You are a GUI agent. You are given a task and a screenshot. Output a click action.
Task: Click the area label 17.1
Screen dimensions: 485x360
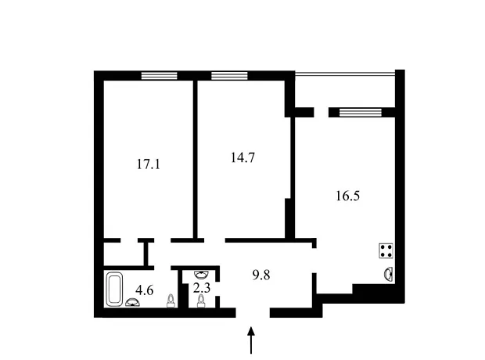pyautogui.click(x=149, y=164)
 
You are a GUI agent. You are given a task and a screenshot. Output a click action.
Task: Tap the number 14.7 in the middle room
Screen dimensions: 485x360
pyautogui.click(x=242, y=157)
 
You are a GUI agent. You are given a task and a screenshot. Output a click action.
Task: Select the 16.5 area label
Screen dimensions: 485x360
pyautogui.click(x=347, y=196)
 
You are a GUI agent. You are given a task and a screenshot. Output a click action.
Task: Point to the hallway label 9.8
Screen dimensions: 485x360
pyautogui.click(x=261, y=275)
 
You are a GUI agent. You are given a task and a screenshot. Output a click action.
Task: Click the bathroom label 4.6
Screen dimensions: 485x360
pyautogui.click(x=145, y=290)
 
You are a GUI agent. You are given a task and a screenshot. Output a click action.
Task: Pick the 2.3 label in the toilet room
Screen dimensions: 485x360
pyautogui.click(x=202, y=288)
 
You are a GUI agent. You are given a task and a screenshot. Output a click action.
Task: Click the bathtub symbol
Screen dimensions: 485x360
pyautogui.click(x=114, y=289)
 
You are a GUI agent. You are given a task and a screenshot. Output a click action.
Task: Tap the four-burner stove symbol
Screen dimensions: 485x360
pyautogui.click(x=386, y=250)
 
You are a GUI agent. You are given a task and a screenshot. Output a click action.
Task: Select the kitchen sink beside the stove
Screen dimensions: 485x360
pyautogui.click(x=389, y=274)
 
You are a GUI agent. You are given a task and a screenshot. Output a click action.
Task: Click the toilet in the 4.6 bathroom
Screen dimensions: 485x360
pyautogui.click(x=171, y=301)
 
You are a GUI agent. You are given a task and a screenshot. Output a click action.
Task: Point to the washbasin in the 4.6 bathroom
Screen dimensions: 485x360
pyautogui.click(x=133, y=302)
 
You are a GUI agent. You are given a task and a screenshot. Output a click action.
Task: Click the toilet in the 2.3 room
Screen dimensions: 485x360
pyautogui.click(x=201, y=301)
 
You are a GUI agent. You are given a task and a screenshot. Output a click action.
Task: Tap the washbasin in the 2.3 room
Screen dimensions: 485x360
pyautogui.click(x=201, y=274)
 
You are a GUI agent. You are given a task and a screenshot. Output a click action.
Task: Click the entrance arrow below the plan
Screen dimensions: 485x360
pyautogui.click(x=251, y=340)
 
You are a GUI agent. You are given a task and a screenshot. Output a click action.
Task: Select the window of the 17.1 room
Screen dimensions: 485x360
pyautogui.click(x=160, y=76)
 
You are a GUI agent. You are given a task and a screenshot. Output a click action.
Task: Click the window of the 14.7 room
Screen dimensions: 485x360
pyautogui.click(x=229, y=76)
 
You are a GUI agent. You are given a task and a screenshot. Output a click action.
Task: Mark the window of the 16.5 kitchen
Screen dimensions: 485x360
pyautogui.click(x=360, y=112)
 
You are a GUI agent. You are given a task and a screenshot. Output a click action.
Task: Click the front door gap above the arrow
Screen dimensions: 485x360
pyautogui.click(x=253, y=312)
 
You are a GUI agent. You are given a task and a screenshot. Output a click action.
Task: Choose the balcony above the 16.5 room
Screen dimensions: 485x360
pyautogui.click(x=345, y=91)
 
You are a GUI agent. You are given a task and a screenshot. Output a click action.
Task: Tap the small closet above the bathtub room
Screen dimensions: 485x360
pyautogui.click(x=124, y=254)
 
